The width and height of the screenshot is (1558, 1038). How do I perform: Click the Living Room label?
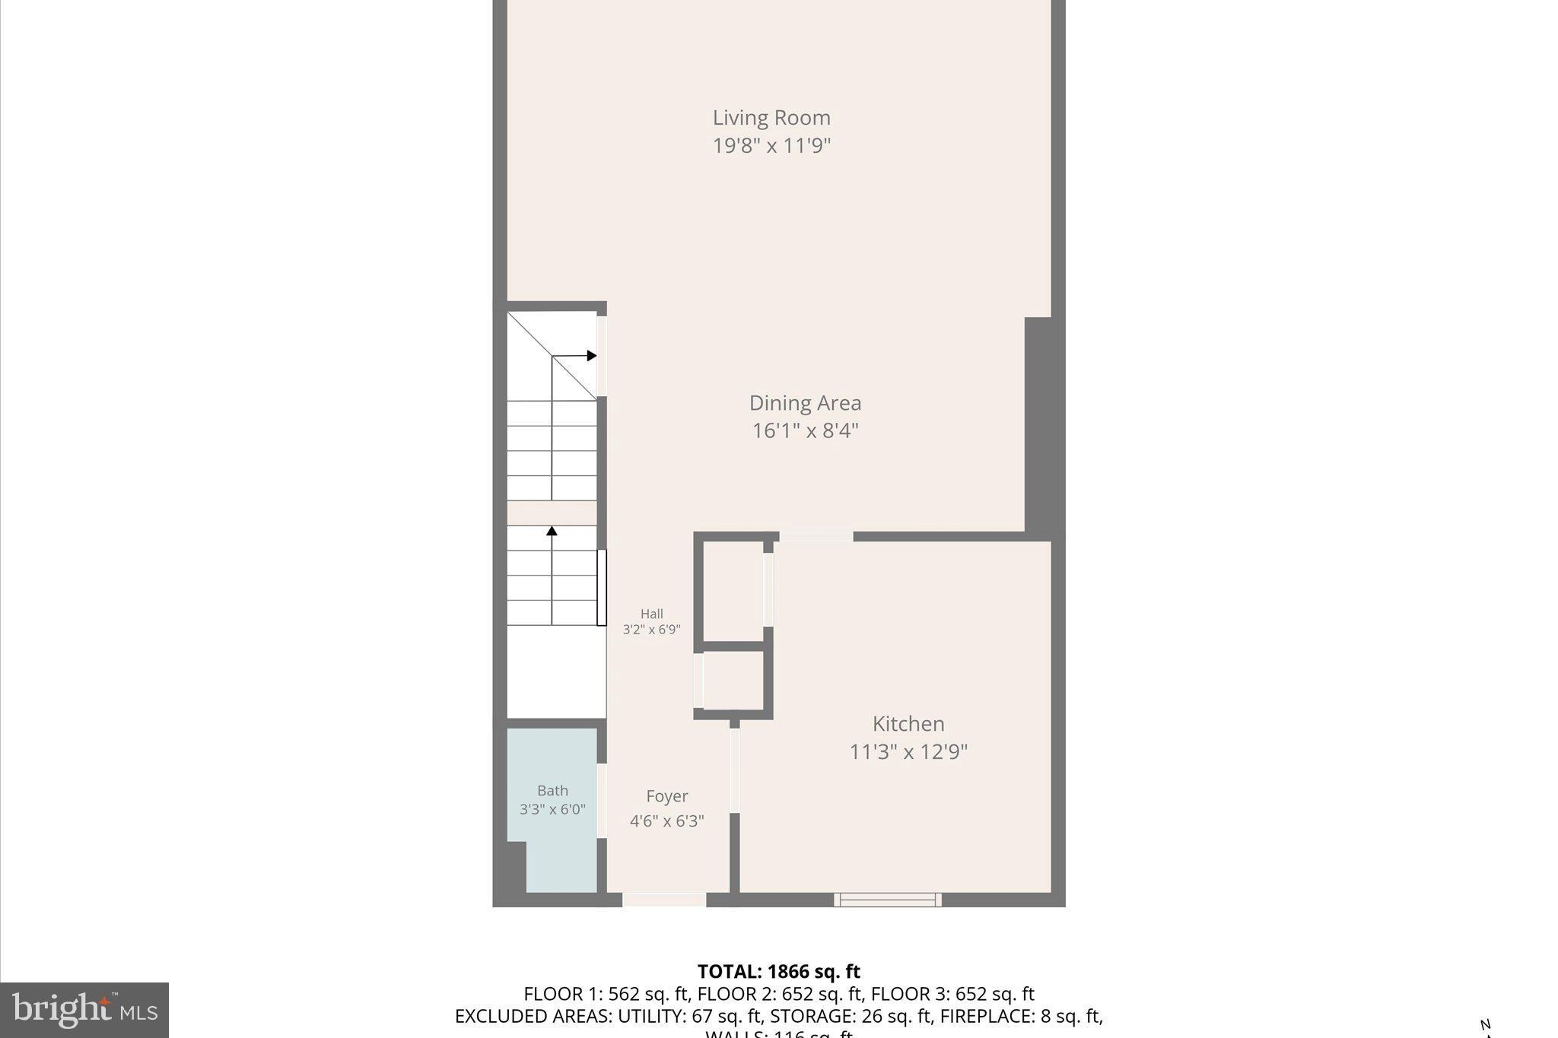[x=771, y=118]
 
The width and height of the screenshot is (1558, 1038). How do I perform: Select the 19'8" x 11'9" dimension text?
[x=771, y=145]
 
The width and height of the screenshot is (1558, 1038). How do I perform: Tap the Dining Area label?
[x=805, y=403]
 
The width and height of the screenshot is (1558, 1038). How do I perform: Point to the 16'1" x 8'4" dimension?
[x=805, y=431]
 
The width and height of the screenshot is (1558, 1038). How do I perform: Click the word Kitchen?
[x=908, y=724]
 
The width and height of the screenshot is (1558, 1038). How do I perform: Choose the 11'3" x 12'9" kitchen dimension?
[x=908, y=752]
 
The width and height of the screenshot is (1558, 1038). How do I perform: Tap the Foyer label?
[x=667, y=796]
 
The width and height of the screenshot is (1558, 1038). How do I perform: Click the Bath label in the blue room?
[x=552, y=791]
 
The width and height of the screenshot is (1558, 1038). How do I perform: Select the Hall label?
[x=651, y=614]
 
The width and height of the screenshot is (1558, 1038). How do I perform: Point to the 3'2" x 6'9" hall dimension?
[x=651, y=630]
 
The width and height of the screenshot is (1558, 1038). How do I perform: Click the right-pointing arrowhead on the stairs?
[x=592, y=356]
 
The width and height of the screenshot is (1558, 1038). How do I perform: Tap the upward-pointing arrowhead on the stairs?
[x=552, y=531]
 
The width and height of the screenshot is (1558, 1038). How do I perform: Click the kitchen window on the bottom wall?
[x=887, y=900]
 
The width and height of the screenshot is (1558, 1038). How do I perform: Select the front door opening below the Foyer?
[x=664, y=900]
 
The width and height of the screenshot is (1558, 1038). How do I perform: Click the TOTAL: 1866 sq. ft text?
[x=778, y=972]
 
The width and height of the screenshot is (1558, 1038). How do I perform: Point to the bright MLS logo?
[x=84, y=1010]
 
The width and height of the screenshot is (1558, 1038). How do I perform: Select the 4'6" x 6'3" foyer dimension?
[x=667, y=821]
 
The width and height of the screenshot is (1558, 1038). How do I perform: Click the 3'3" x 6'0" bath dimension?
[x=552, y=810]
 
